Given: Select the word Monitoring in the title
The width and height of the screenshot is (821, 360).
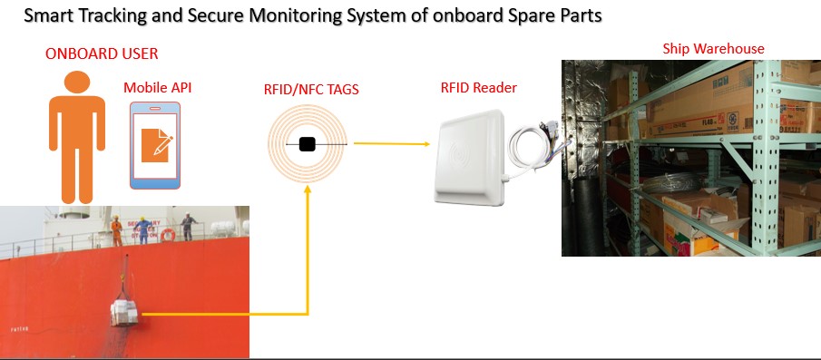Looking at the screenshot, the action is tap(292, 16).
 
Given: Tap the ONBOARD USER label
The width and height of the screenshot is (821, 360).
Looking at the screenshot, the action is tap(102, 54).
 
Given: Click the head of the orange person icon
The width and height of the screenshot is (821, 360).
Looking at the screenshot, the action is tap(77, 83).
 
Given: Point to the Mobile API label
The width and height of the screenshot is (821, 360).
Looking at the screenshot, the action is tap(158, 87).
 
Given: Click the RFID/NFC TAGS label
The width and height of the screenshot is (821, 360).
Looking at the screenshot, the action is tap(311, 90).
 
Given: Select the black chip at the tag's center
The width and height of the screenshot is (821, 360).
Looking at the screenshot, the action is tap(307, 144).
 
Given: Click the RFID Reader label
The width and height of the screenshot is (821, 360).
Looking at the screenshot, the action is tap(479, 87).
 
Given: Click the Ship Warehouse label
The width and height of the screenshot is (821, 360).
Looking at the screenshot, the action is tap(713, 49).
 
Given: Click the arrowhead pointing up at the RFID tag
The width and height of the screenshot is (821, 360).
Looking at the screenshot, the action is tap(308, 189).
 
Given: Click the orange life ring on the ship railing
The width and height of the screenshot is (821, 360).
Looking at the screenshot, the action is tap(168, 235).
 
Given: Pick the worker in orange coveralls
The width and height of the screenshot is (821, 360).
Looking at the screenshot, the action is tap(116, 231).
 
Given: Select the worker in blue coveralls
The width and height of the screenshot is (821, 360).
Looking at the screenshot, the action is tap(143, 230).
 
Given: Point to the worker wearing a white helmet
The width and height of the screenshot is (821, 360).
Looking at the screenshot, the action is tap(188, 226).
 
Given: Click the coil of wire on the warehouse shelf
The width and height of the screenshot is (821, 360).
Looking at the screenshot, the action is tap(673, 183).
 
